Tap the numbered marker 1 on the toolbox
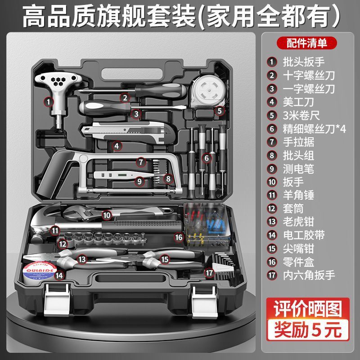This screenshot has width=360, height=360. (x=48, y=102)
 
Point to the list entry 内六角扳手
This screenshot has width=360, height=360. (x=308, y=274)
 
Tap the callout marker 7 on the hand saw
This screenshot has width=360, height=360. (x=141, y=161)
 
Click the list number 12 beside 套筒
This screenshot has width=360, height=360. (x=272, y=208)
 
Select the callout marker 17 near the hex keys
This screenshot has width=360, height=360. (x=209, y=272)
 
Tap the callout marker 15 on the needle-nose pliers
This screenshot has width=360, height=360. (x=165, y=259)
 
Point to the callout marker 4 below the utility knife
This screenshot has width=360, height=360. (x=116, y=145)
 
